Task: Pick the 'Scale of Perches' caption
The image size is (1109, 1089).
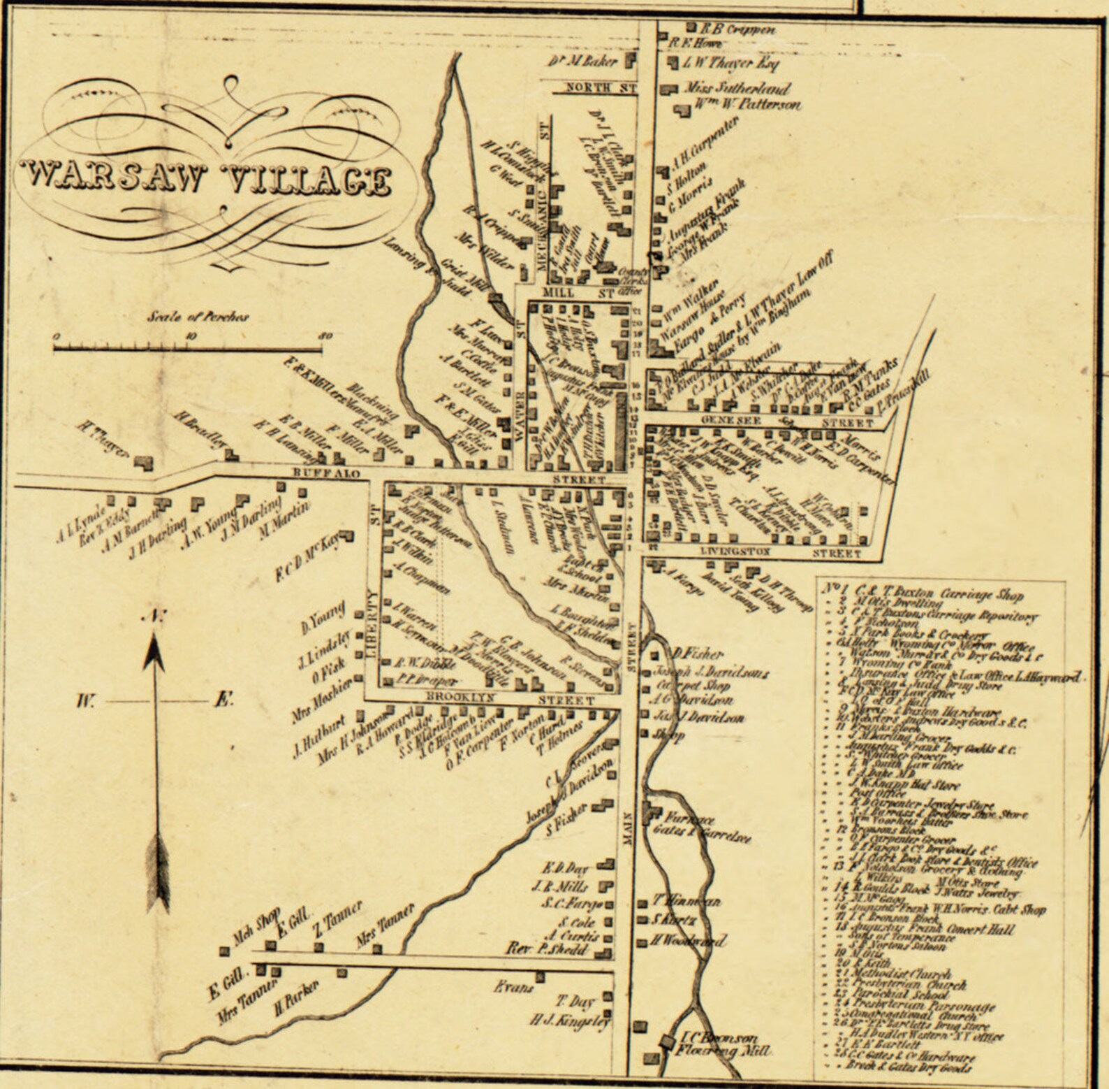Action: click(198, 317)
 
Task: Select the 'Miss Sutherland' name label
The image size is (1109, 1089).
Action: click(736, 89)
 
